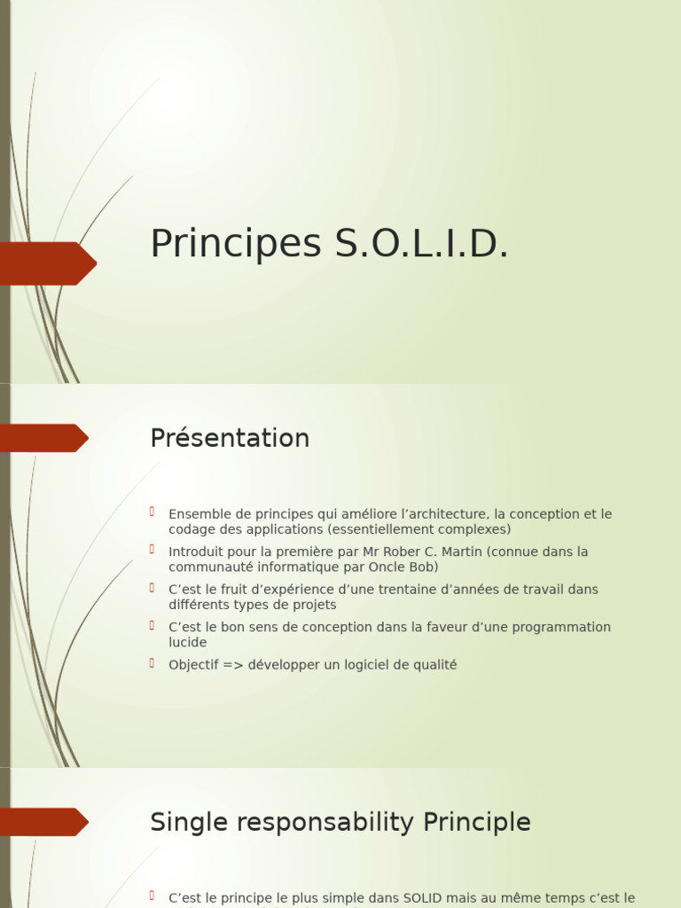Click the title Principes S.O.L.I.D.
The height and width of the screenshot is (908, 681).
click(x=329, y=244)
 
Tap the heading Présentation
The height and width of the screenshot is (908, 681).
click(x=230, y=438)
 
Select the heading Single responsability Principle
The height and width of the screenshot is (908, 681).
click(x=340, y=822)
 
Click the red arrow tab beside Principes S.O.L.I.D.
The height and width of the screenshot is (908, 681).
click(x=49, y=263)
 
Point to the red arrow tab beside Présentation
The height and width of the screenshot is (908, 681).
click(x=44, y=438)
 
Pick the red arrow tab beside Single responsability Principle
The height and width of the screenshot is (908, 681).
click(x=44, y=822)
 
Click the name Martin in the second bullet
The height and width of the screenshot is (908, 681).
click(x=459, y=552)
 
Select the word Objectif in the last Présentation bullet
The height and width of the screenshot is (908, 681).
click(x=194, y=665)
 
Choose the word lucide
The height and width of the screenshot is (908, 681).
click(x=187, y=642)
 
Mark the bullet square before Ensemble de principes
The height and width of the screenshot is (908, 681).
click(x=153, y=512)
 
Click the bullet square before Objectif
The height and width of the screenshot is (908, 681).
click(x=153, y=662)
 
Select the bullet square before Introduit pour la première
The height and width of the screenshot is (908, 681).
click(x=153, y=550)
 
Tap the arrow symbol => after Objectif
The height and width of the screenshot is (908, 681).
click(x=233, y=665)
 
